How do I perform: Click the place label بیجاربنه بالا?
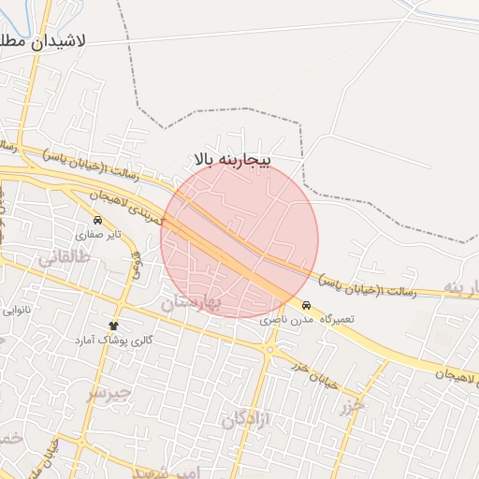click(x=232, y=160)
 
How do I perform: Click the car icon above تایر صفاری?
click(x=97, y=221)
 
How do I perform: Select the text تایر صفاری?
click(x=99, y=235)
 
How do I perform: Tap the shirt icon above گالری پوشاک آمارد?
click(x=118, y=326)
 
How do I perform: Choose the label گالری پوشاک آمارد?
click(x=114, y=340)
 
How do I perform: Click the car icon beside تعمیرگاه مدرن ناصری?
click(x=307, y=306)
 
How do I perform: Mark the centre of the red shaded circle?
click(x=239, y=239)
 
